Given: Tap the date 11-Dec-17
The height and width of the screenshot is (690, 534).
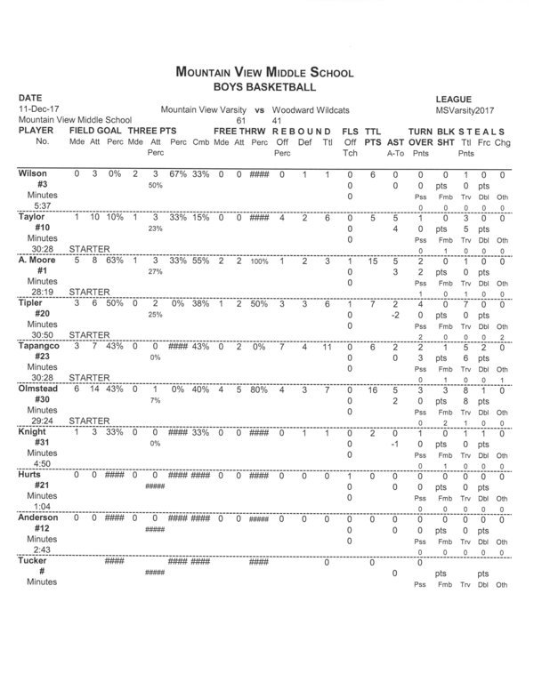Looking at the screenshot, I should pos(37,108).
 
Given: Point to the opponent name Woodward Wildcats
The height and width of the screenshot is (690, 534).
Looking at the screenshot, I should pos(311,108).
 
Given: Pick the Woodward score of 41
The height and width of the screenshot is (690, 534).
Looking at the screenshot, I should pos(277,119).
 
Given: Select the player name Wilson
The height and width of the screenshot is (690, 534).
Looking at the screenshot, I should pos(33,173).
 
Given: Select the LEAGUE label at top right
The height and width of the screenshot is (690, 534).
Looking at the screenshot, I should pos(453,98).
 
